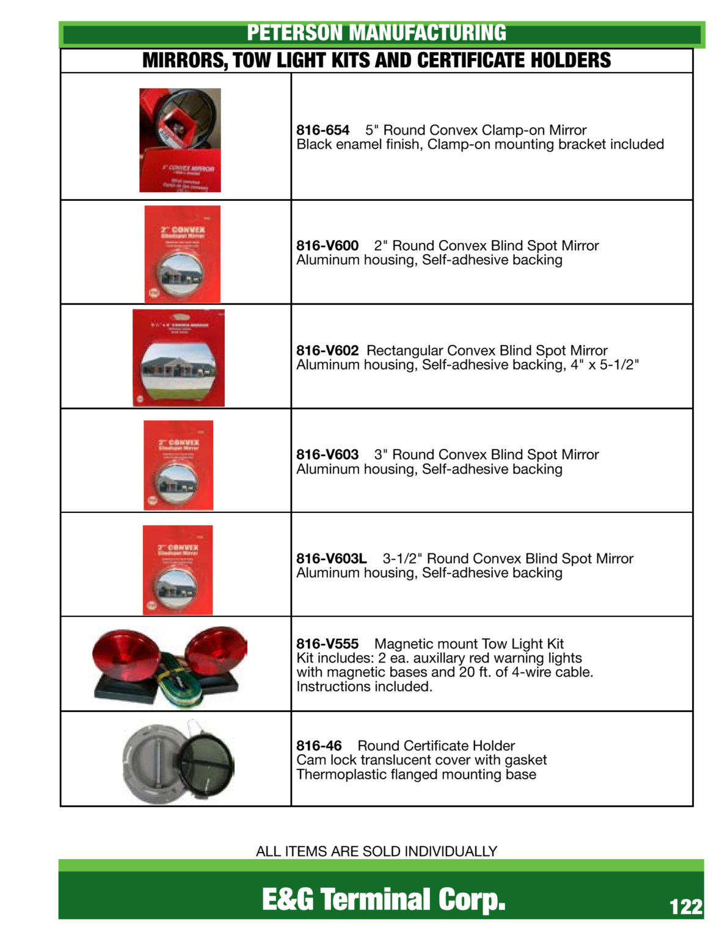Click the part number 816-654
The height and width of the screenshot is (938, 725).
pyautogui.click(x=322, y=130)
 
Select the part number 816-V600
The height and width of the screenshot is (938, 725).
pyautogui.click(x=327, y=245)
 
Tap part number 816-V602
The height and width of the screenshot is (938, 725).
pyautogui.click(x=327, y=351)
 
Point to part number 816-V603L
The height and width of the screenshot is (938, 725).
pyautogui.click(x=332, y=558)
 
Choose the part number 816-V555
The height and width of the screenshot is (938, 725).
pyautogui.click(x=327, y=644)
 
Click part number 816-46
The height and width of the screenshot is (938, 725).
pyautogui.click(x=319, y=746)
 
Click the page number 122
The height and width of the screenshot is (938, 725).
pyautogui.click(x=685, y=907)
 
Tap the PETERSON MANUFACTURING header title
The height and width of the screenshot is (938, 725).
pyautogui.click(x=376, y=33)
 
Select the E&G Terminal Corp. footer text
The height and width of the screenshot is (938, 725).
pyautogui.click(x=384, y=899)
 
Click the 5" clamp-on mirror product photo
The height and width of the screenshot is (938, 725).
pyautogui.click(x=180, y=140)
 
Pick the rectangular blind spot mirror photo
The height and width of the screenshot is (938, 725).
pyautogui.click(x=178, y=358)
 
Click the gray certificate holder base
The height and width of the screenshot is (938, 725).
pyautogui.click(x=153, y=763)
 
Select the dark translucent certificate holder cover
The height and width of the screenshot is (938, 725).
pyautogui.click(x=206, y=759)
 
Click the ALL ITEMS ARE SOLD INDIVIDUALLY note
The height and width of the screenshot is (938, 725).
pyautogui.click(x=376, y=851)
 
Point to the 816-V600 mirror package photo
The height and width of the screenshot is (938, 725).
pyautogui.click(x=182, y=254)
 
